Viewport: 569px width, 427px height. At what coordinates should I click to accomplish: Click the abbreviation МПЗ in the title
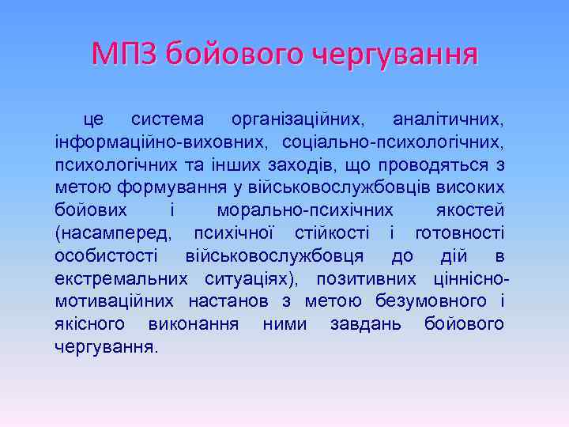pos(126,55)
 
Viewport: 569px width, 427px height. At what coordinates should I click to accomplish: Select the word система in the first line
pos(167,120)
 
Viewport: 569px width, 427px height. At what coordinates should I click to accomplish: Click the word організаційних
pos(297,120)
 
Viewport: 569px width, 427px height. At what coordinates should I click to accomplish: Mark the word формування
pos(165,188)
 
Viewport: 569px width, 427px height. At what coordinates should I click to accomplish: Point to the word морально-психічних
pos(305,211)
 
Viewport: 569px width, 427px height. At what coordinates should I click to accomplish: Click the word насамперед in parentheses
pos(111,234)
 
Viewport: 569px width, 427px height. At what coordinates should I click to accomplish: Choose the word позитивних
pos(366,279)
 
